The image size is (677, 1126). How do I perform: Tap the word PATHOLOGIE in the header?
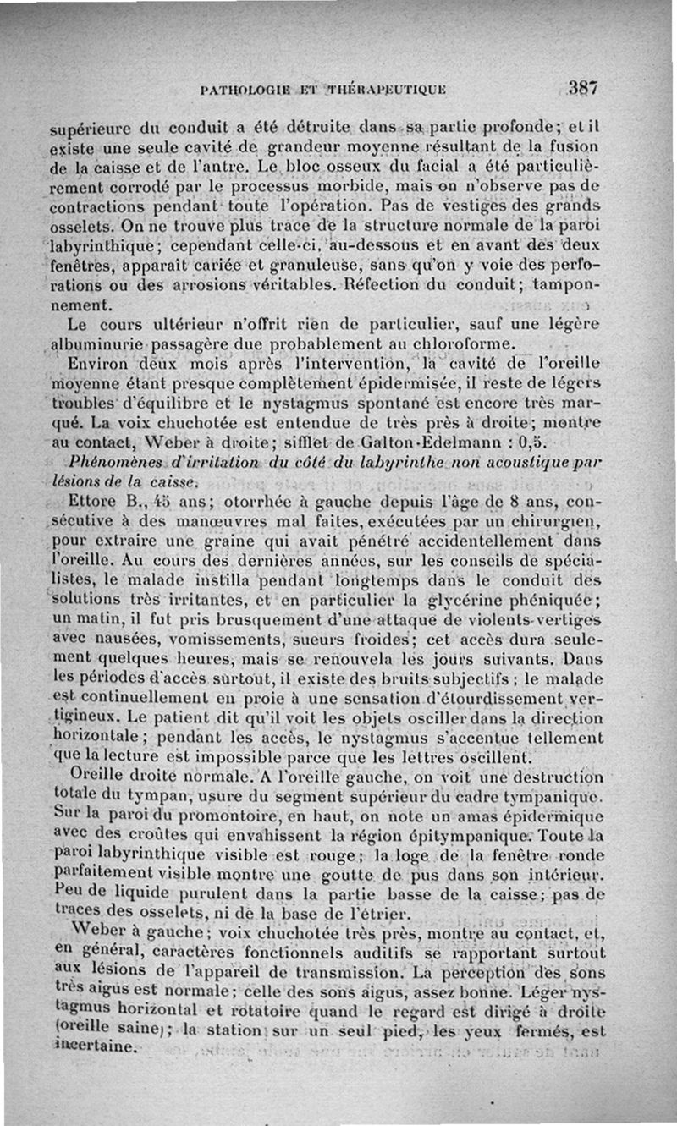pos(244,90)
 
